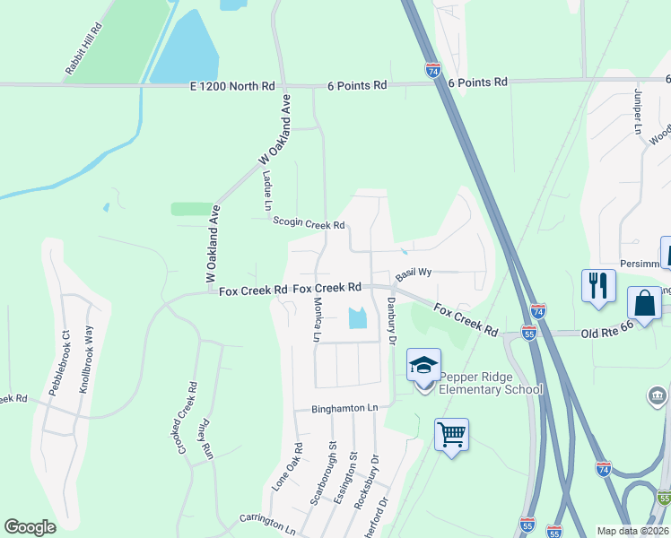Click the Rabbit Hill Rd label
pyautogui.click(x=84, y=48)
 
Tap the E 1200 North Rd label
pyautogui.click(x=232, y=86)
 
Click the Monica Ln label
pyautogui.click(x=317, y=321)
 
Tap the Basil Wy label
pyautogui.click(x=414, y=272)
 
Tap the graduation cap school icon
pyautogui.click(x=423, y=365)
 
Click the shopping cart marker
pyautogui.click(x=452, y=435)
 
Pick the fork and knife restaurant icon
pyautogui.click(x=598, y=286)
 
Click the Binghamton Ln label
pyautogui.click(x=345, y=408)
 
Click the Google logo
pyautogui.click(x=30, y=527)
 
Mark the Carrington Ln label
pyautogui.click(x=267, y=519)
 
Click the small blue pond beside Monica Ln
pyautogui.click(x=356, y=317)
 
